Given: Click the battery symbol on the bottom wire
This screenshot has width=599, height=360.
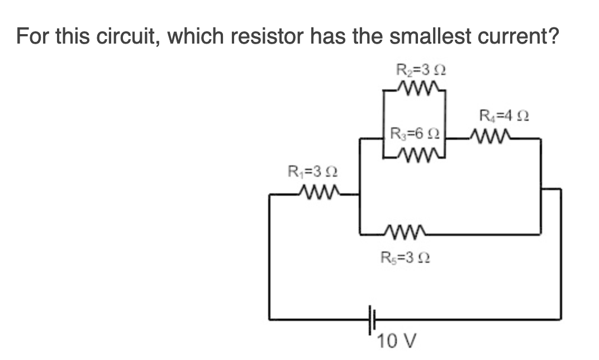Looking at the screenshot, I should coord(373,320).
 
